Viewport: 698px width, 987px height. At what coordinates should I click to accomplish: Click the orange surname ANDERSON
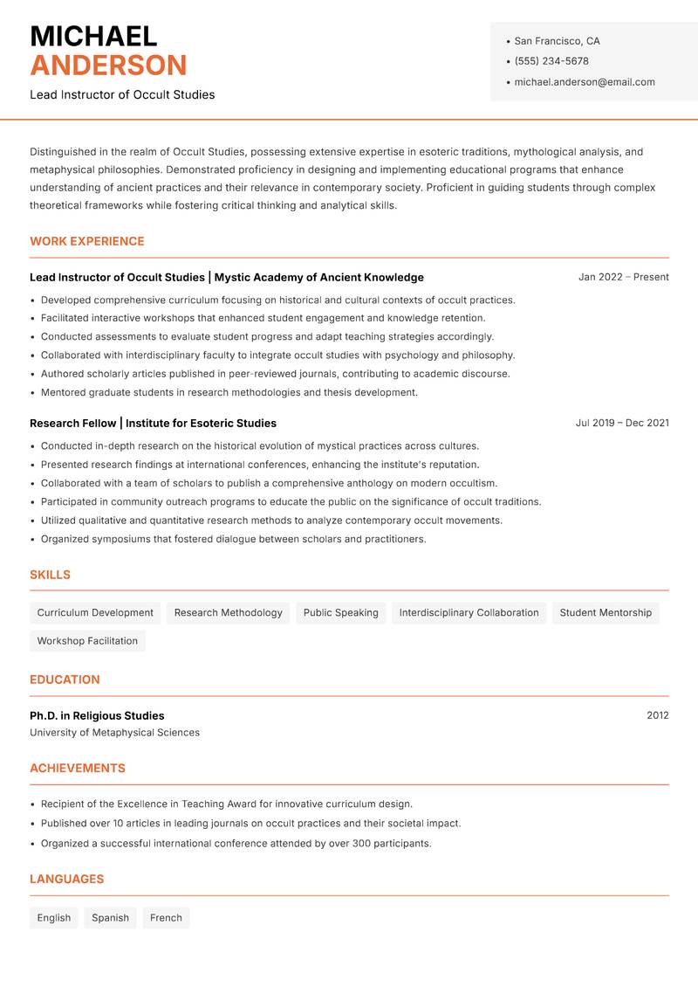(x=108, y=66)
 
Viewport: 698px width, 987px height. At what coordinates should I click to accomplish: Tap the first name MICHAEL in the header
(x=93, y=36)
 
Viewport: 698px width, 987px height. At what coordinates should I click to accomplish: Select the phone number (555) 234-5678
(x=551, y=61)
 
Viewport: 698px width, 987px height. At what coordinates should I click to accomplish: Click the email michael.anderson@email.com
(x=584, y=82)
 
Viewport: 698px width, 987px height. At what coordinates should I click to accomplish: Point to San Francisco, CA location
(x=557, y=41)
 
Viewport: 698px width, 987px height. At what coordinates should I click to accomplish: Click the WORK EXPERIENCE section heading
(x=87, y=241)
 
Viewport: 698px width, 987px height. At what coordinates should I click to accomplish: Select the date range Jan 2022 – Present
(x=623, y=277)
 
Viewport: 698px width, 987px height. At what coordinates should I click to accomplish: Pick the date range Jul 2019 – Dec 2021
(x=621, y=423)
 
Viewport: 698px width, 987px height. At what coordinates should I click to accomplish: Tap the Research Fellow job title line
(x=153, y=423)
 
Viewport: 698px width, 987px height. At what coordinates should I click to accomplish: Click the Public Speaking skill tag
(x=340, y=613)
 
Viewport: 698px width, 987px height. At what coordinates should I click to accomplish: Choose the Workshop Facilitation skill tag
(x=87, y=641)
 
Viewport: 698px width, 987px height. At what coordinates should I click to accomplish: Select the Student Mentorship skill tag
(x=605, y=613)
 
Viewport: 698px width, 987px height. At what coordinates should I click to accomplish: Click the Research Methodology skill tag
(x=228, y=613)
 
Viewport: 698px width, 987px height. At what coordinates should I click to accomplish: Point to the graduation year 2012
(x=657, y=715)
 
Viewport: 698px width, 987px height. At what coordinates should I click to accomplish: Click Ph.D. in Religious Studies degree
(x=97, y=715)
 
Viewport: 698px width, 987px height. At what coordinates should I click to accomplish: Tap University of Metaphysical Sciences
(x=114, y=733)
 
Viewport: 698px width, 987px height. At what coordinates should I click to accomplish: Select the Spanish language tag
(x=110, y=918)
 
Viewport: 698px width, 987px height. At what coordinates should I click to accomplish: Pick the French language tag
(x=166, y=918)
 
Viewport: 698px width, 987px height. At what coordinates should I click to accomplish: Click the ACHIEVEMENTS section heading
(x=78, y=769)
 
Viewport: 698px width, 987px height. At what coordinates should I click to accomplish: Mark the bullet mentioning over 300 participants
(x=236, y=844)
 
